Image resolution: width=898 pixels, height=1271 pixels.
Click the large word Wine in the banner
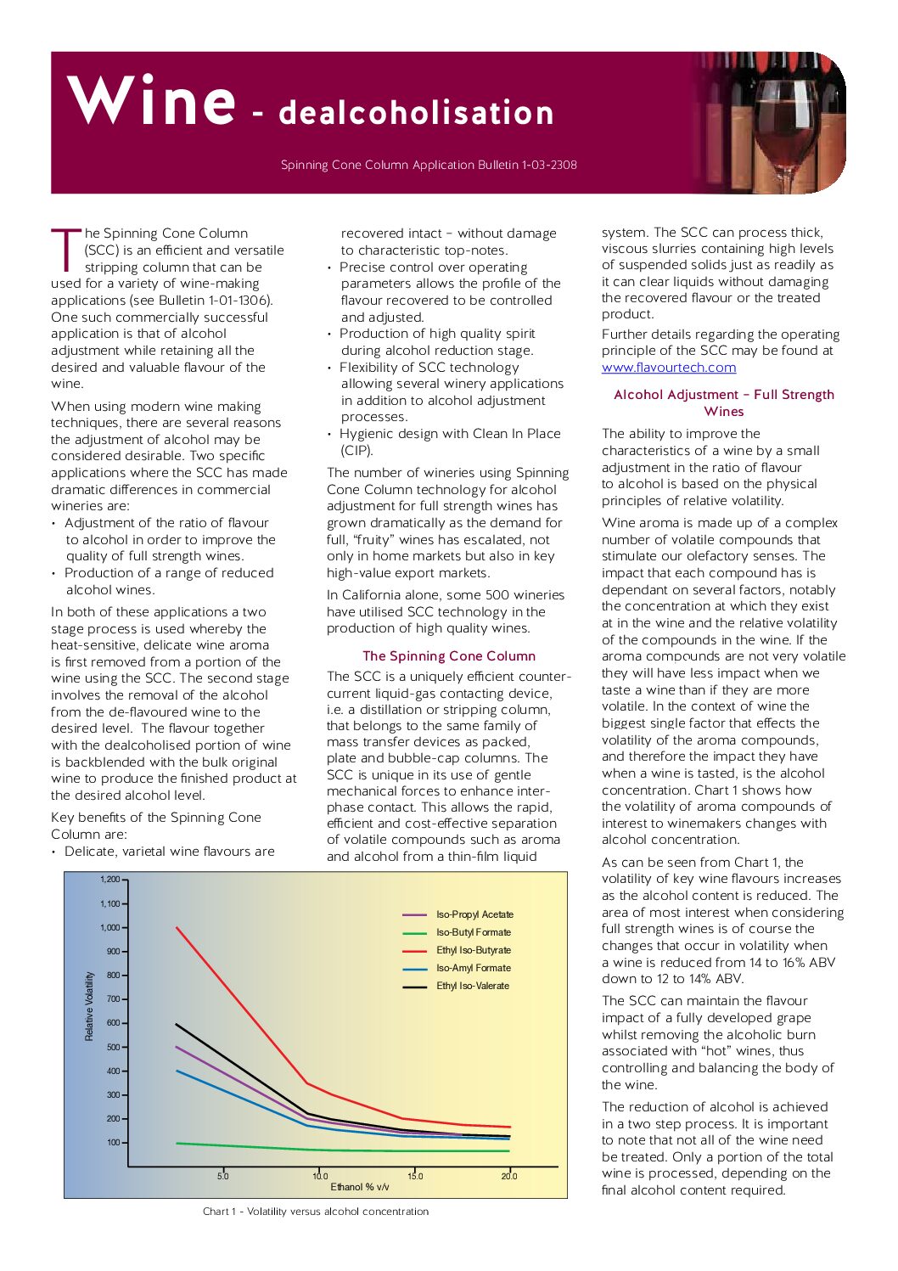151,100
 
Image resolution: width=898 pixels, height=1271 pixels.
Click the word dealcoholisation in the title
416,113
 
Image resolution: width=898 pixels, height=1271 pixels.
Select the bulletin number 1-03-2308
549,165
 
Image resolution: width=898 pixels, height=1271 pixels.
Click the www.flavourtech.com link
669,368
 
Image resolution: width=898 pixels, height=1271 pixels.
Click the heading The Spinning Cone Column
448,655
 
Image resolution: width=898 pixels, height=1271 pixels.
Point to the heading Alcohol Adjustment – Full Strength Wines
723,402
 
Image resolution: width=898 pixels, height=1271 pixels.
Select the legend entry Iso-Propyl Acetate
474,914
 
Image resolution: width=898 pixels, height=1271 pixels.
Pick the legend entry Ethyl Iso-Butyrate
473,950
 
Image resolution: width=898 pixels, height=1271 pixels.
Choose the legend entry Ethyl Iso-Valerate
472,986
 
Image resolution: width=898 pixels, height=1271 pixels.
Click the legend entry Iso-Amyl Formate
473,968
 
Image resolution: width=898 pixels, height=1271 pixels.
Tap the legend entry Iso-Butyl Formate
473,932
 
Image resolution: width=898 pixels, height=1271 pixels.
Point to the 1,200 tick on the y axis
110,880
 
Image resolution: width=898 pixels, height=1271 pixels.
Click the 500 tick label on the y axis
113,1047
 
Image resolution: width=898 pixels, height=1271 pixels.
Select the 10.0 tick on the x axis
319,1176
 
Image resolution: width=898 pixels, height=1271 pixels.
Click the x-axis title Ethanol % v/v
360,1187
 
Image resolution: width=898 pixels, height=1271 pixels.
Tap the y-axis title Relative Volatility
89,1006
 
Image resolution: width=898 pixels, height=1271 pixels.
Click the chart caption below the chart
316,1212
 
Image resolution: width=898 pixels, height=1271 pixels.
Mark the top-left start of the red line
177,927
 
